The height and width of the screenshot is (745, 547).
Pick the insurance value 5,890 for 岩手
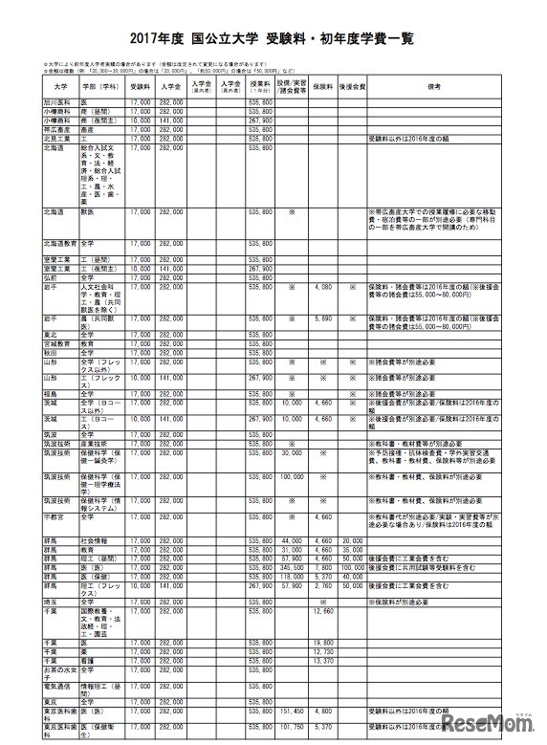coord(321,316)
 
